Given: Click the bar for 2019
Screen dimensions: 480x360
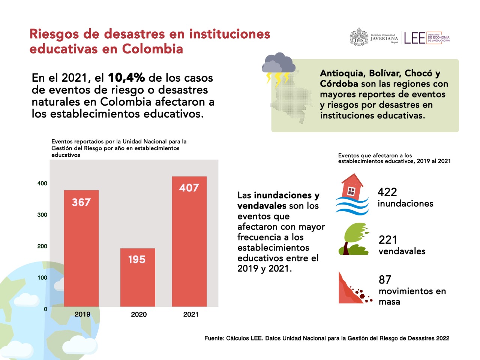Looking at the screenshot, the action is pyautogui.click(x=81, y=248).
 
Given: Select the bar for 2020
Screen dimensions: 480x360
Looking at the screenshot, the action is pyautogui.click(x=138, y=278).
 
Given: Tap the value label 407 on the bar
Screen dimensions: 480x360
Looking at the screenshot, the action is pyautogui.click(x=189, y=188).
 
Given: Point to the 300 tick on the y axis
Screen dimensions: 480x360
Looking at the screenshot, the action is pyautogui.click(x=42, y=215).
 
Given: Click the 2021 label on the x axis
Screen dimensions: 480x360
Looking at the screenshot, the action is pyautogui.click(x=191, y=314).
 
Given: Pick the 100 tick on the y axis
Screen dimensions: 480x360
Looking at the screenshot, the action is pyautogui.click(x=42, y=278).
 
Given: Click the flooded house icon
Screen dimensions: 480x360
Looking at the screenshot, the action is pyautogui.click(x=352, y=194).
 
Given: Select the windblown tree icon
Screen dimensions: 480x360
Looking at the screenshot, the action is pyautogui.click(x=354, y=239).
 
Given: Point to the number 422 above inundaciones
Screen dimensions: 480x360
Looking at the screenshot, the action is pyautogui.click(x=387, y=192).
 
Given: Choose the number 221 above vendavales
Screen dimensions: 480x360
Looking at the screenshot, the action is pyautogui.click(x=388, y=240).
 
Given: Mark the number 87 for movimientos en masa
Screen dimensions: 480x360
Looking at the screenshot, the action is pyautogui.click(x=385, y=279).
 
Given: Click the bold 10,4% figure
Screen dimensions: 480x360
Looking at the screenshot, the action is pyautogui.click(x=126, y=77).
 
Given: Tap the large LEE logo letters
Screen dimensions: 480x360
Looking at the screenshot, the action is pyautogui.click(x=415, y=38).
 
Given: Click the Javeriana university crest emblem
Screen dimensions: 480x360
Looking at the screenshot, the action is pyautogui.click(x=359, y=37).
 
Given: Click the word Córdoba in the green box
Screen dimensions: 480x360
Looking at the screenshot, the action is pyautogui.click(x=339, y=84).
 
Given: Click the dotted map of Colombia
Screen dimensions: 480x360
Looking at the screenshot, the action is pyautogui.click(x=291, y=98).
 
